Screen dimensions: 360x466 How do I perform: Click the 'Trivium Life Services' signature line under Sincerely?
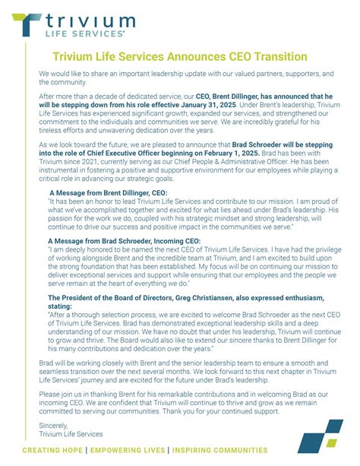coord(71,434)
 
